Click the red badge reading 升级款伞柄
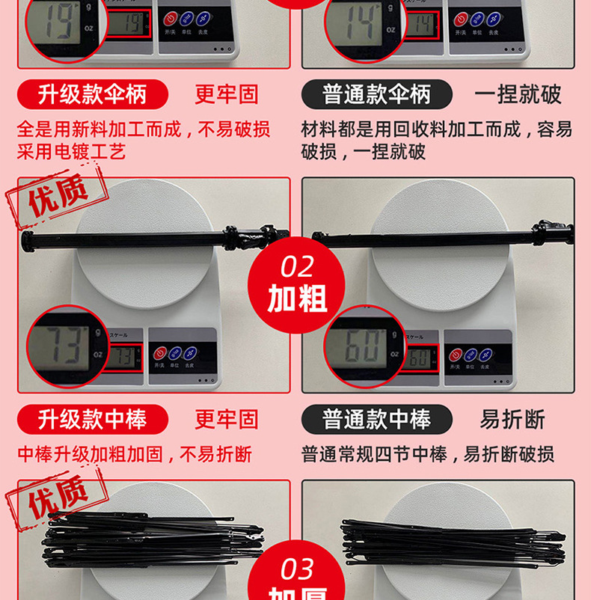pyautogui.click(x=93, y=94)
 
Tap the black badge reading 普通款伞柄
pyautogui.click(x=377, y=94)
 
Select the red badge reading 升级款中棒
pyautogui.click(x=93, y=419)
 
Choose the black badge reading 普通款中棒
pyautogui.click(x=377, y=419)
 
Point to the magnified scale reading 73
pyautogui.click(x=68, y=346)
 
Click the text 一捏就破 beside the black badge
pyautogui.click(x=518, y=95)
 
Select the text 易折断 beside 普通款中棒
pyautogui.click(x=512, y=419)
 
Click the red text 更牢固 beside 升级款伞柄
pyautogui.click(x=227, y=95)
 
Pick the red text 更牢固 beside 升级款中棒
pyautogui.click(x=227, y=419)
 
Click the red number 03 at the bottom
pyautogui.click(x=297, y=570)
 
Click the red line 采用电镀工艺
pyautogui.click(x=71, y=153)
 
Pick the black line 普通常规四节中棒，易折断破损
pyautogui.click(x=428, y=454)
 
